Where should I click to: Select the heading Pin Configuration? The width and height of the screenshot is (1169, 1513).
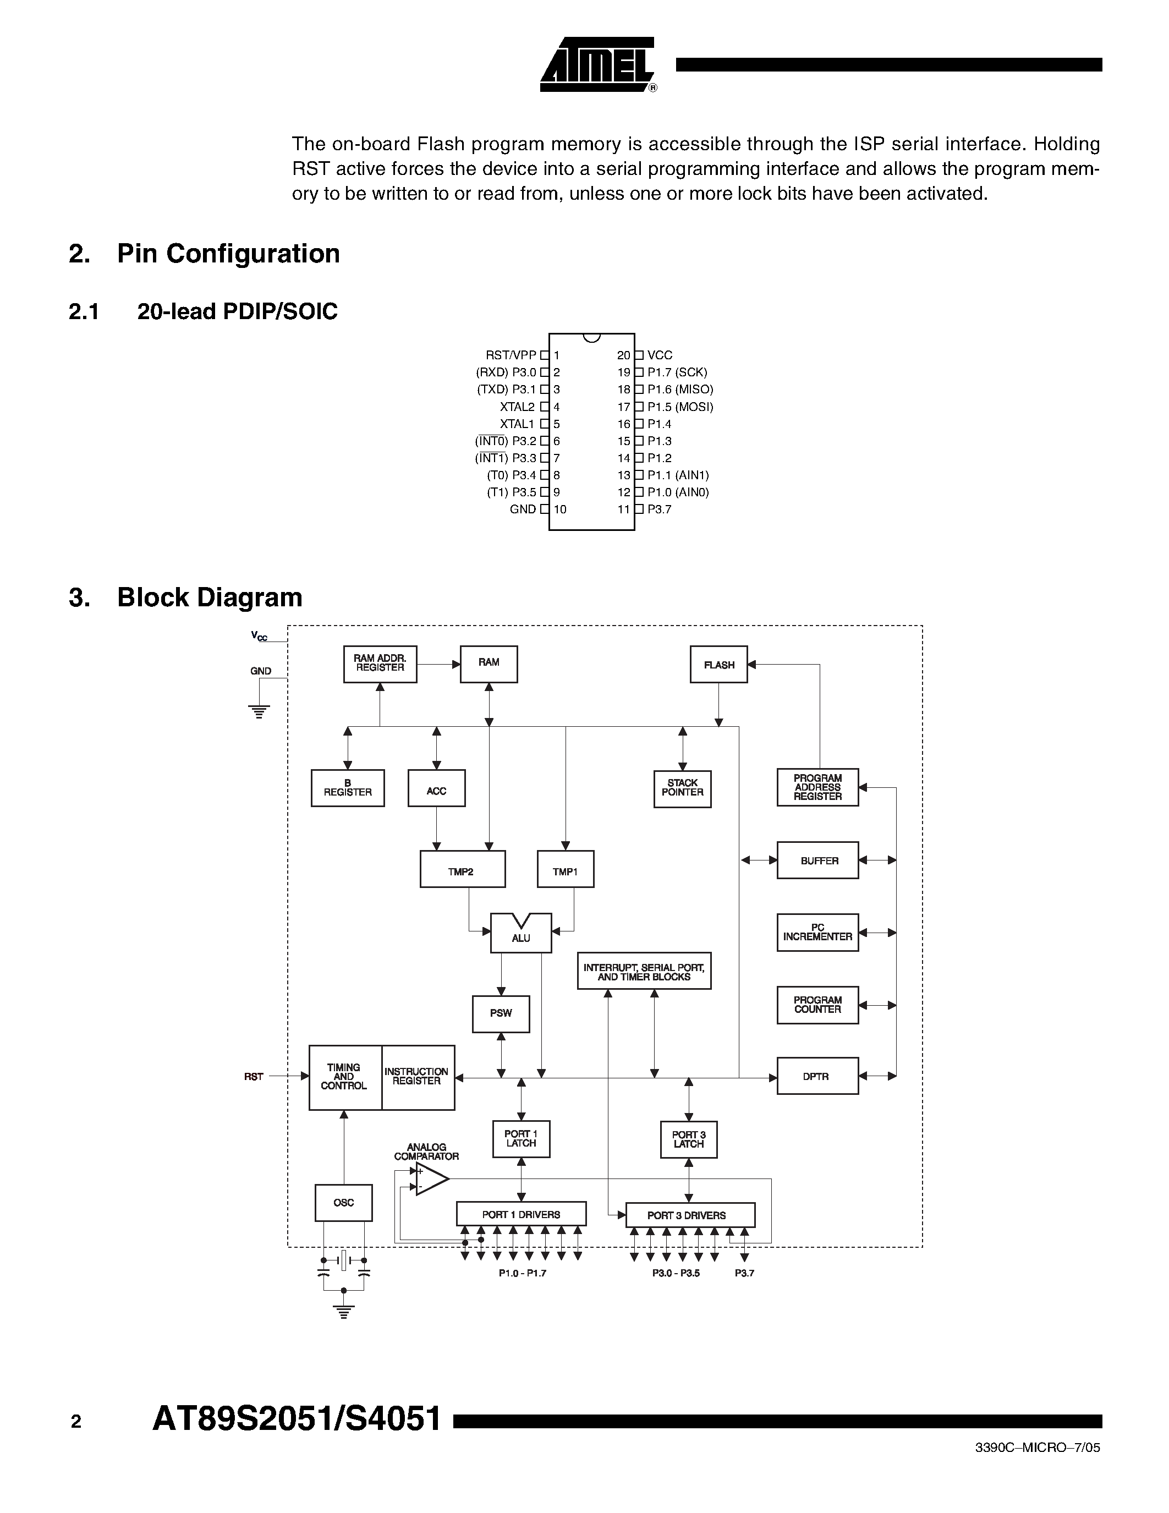click(x=228, y=254)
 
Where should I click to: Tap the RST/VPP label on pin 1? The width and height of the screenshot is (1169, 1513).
click(x=511, y=355)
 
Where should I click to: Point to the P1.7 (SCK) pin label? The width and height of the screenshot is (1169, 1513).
click(x=677, y=372)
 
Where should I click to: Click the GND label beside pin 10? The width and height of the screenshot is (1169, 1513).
click(x=523, y=509)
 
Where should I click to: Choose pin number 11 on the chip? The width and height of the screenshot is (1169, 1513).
click(x=623, y=509)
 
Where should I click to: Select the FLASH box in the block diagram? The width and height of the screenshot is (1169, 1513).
click(x=719, y=665)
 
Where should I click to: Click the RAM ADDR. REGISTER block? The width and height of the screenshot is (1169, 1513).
click(x=380, y=664)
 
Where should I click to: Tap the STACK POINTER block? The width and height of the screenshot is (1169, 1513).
click(x=682, y=788)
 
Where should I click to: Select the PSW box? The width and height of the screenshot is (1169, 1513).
click(x=501, y=1014)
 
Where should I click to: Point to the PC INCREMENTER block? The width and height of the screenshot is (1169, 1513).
click(x=817, y=933)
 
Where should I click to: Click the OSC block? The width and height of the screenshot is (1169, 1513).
click(x=343, y=1203)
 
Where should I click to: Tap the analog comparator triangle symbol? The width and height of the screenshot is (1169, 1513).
click(x=431, y=1179)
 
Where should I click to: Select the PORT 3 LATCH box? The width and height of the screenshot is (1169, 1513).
click(x=688, y=1139)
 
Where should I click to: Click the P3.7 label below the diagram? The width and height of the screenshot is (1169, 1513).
click(x=744, y=1273)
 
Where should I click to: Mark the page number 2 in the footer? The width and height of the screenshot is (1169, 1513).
click(x=76, y=1422)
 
